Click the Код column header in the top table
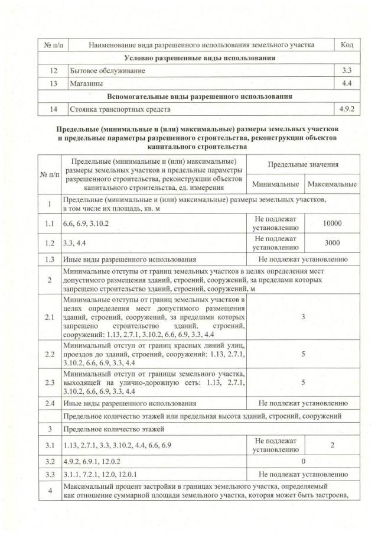coord(347,45)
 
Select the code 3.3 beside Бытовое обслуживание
coord(347,71)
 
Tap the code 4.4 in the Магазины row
coord(347,84)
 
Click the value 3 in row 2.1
coord(303,317)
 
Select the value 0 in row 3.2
coord(303,460)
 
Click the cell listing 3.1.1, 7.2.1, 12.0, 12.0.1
coord(112,474)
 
